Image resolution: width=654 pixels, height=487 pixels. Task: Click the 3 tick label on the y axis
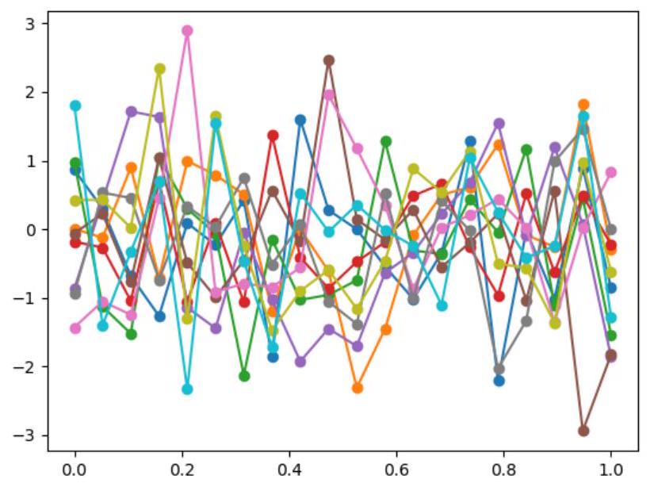coord(30,24)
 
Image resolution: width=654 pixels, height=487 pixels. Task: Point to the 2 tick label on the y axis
coord(30,93)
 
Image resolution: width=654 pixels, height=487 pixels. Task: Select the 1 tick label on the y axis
coord(30,161)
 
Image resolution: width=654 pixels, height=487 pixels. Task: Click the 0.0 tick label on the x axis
coord(75,469)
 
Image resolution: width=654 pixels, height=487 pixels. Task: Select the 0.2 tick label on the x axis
coord(182,469)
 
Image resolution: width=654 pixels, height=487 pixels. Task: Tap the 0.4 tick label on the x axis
coord(290,469)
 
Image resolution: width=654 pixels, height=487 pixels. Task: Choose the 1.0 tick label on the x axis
coord(611,469)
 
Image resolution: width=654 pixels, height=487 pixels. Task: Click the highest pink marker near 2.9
coord(188,31)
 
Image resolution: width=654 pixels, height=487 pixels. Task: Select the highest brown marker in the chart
coord(329,60)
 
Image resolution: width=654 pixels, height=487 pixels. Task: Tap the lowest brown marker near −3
coord(583,431)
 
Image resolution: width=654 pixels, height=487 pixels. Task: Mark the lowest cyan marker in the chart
coord(188,389)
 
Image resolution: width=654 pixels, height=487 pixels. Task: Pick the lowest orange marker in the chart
coord(358,388)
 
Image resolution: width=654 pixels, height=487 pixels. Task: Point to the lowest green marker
coord(244,376)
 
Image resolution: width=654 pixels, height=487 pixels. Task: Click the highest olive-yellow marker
coord(159,69)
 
